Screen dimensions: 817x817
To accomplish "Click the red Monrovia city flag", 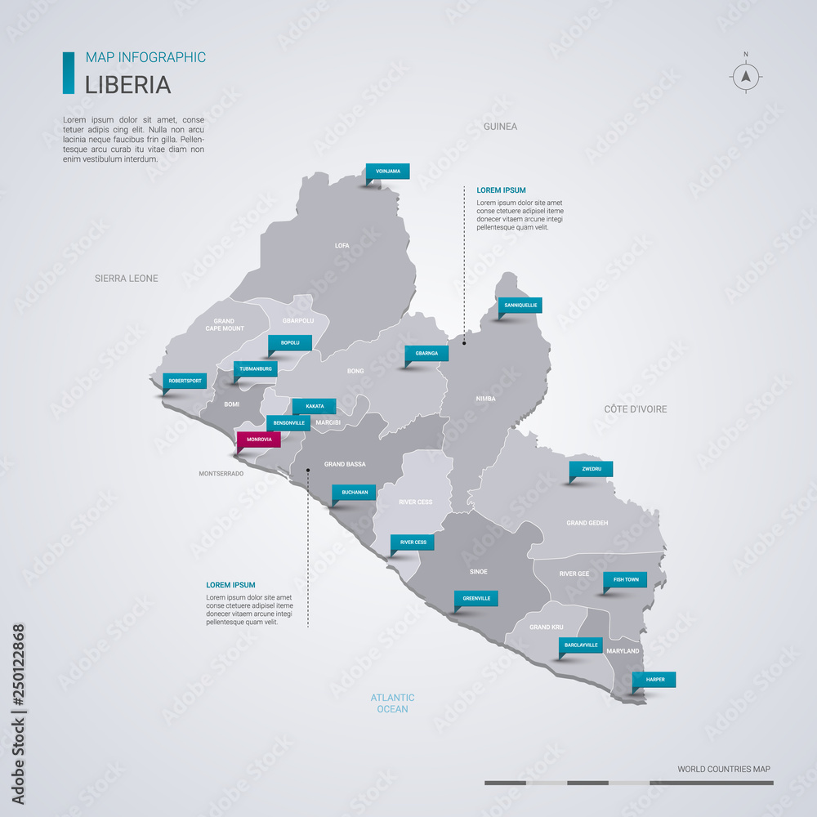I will pos(258,440).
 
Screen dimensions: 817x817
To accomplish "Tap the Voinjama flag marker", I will pos(387,172).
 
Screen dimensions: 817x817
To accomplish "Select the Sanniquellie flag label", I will pos(520,305).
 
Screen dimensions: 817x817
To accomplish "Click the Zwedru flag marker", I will pos(592,469).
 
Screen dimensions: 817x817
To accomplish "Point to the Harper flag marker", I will pos(654,680).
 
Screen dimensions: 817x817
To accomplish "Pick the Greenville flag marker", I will pos(476,598).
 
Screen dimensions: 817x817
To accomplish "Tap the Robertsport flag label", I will pos(185,381).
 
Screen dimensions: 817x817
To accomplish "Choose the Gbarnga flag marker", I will pos(426,354).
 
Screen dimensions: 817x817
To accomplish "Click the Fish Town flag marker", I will pos(625,579).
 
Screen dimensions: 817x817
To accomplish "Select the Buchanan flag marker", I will pos(354,493).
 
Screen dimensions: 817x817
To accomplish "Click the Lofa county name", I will pos(342,245).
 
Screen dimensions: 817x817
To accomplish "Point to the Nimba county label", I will pos(486,399).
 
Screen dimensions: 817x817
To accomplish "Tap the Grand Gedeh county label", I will pos(587,523).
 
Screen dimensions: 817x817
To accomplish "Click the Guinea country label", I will pos(500,127).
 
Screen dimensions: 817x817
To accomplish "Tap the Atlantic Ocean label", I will pos(392,703).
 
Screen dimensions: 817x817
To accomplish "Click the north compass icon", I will pos(745,77).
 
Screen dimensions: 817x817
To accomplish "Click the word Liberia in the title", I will pos(128,85).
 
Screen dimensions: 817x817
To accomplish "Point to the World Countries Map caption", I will pos(723,769).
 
